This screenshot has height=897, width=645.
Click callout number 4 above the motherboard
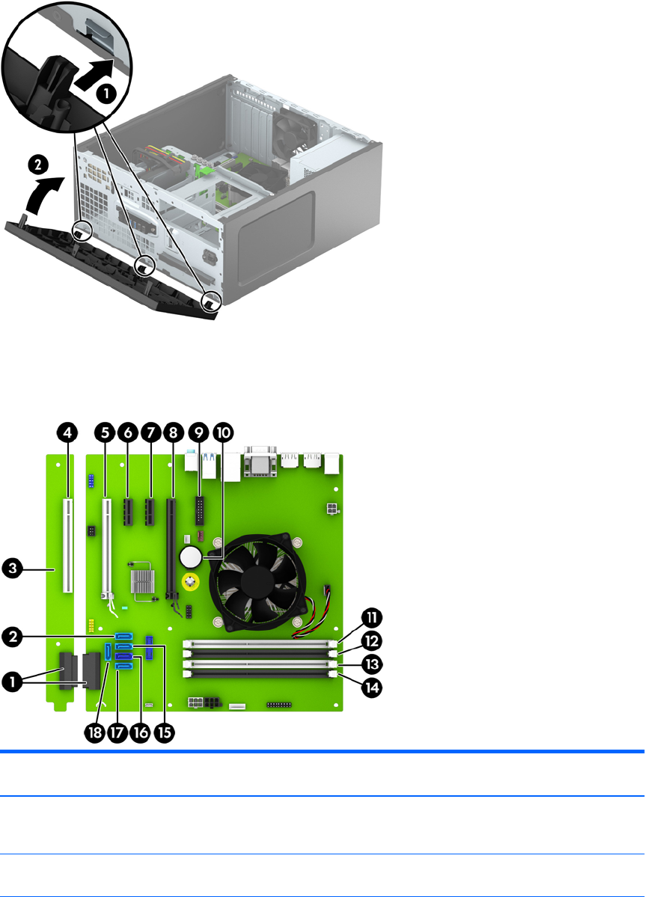click(67, 433)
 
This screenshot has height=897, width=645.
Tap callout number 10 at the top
click(223, 433)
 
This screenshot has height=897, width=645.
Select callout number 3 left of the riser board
click(12, 569)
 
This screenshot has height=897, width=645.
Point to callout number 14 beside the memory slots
click(372, 687)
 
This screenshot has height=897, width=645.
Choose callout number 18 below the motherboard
click(95, 732)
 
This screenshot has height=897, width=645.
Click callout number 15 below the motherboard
click(164, 732)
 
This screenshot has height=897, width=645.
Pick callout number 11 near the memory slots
click(372, 618)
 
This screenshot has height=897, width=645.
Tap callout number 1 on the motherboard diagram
click(12, 682)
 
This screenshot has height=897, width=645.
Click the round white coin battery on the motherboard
click(191, 555)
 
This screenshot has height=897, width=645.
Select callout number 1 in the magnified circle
click(107, 94)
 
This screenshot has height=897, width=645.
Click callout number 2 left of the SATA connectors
click(12, 637)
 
